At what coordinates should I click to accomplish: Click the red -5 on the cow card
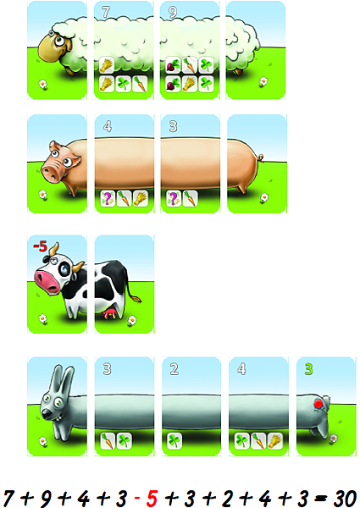pos(40,246)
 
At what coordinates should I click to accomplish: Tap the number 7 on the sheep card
pos(106,12)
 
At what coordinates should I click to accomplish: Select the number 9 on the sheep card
pos(173,13)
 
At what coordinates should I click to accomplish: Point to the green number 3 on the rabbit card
pos(309,368)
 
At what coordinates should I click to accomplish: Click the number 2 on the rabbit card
pos(174,368)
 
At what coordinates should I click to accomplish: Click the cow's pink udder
pos(109,313)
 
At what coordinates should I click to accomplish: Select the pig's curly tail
pos(260,157)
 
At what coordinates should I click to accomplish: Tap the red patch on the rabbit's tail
pos(318,404)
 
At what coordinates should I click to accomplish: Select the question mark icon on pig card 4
pos(108,198)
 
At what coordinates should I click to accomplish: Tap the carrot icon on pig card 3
pos(191,198)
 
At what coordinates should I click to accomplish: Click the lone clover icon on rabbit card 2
pos(174,441)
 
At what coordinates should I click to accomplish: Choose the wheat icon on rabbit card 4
pos(274,441)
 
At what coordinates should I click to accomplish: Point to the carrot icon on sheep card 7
pos(141,84)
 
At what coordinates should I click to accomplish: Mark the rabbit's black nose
pos(46,413)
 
